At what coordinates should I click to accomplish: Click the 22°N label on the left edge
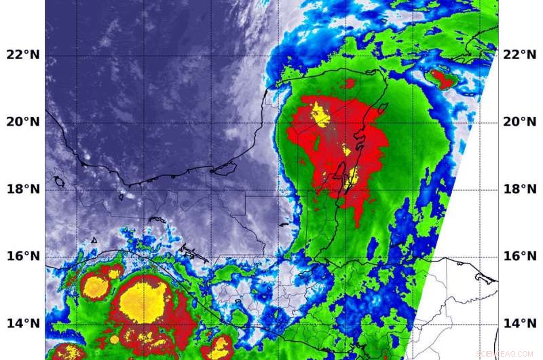click(x=22, y=54)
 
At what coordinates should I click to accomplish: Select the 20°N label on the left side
click(x=22, y=122)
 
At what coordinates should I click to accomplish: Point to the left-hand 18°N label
click(x=22, y=189)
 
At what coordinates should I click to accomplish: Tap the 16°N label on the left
click(x=22, y=256)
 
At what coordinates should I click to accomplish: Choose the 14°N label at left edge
click(x=22, y=323)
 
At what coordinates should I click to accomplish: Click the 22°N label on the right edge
click(x=521, y=54)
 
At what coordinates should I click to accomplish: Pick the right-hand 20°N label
click(x=521, y=122)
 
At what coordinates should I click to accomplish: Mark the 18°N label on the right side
click(x=521, y=189)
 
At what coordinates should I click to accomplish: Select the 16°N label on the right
click(x=521, y=256)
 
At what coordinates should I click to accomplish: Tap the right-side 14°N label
click(x=521, y=323)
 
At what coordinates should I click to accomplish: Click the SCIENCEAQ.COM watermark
click(x=505, y=354)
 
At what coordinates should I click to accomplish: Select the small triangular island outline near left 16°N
click(x=94, y=240)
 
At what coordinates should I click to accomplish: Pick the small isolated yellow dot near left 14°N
click(x=114, y=339)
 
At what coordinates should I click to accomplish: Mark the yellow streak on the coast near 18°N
click(x=353, y=178)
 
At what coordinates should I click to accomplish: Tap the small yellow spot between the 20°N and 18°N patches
click(x=347, y=149)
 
